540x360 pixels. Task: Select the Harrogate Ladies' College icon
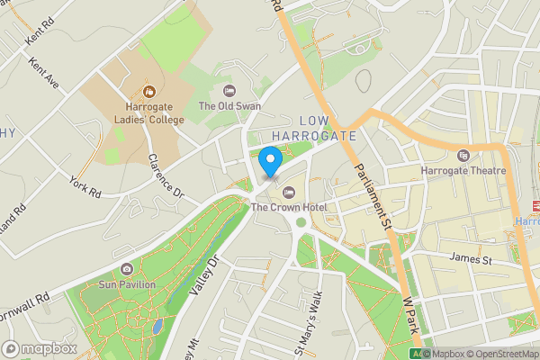[148, 91]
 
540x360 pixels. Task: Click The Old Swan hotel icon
[229, 90]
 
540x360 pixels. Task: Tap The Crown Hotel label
[288, 207]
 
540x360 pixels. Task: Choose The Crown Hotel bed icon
[288, 191]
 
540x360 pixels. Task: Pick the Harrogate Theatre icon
[463, 155]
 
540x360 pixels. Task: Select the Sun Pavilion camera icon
[127, 269]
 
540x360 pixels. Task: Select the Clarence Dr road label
[165, 175]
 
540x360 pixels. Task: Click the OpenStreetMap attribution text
[503, 354]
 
